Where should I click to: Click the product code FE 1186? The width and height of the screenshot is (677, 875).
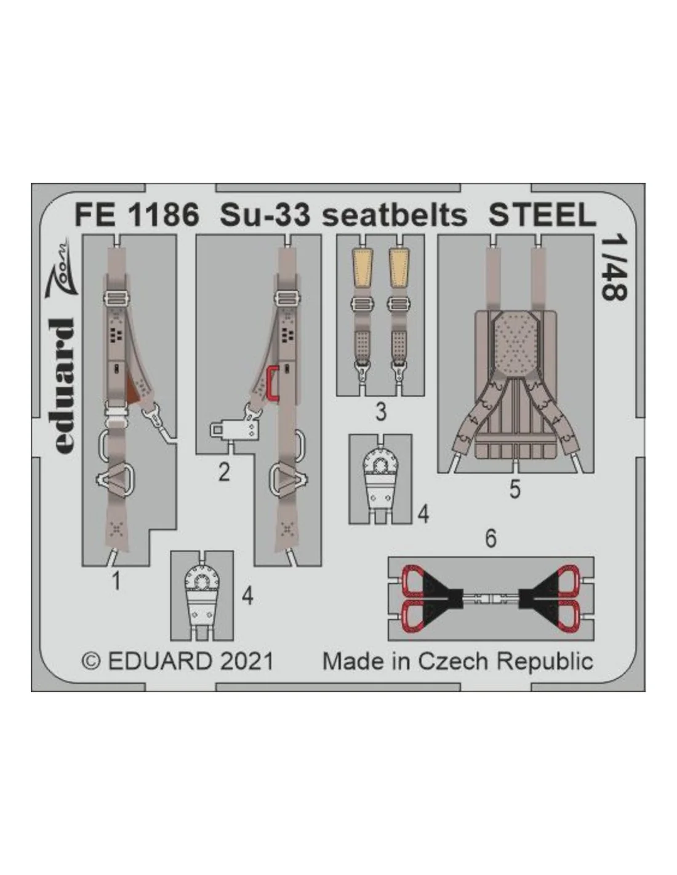(x=137, y=215)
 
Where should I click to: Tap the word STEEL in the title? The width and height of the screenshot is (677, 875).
(x=542, y=215)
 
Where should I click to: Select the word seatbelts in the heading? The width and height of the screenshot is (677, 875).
(x=395, y=215)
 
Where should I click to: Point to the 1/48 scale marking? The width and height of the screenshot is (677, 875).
(x=614, y=268)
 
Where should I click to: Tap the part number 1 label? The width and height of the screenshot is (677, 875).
(x=116, y=581)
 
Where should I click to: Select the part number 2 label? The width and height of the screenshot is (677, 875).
(x=224, y=472)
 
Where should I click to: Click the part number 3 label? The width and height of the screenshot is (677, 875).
(x=380, y=412)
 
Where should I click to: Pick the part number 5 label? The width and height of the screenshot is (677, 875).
(x=515, y=490)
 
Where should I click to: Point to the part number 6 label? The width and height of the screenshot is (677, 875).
(x=491, y=538)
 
